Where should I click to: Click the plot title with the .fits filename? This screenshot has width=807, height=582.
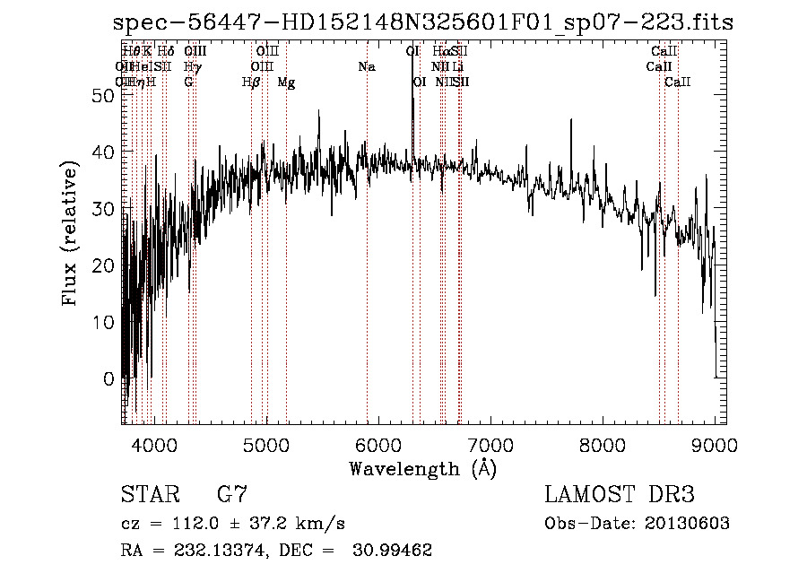[x=423, y=23]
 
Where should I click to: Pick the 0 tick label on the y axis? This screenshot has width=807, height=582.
[x=109, y=378]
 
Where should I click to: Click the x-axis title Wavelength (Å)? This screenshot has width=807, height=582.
[x=422, y=468]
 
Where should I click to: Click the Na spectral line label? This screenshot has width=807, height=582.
[x=366, y=67]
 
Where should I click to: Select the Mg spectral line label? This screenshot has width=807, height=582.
[x=286, y=83]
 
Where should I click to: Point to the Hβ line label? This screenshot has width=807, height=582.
[x=251, y=83]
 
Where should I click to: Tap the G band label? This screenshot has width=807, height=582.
[x=188, y=83]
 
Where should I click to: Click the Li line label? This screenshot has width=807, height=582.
[x=457, y=67]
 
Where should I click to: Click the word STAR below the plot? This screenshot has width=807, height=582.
[x=149, y=494]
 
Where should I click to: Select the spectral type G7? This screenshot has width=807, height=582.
[x=231, y=494]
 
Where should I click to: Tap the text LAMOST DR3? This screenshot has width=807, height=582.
[x=620, y=494]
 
